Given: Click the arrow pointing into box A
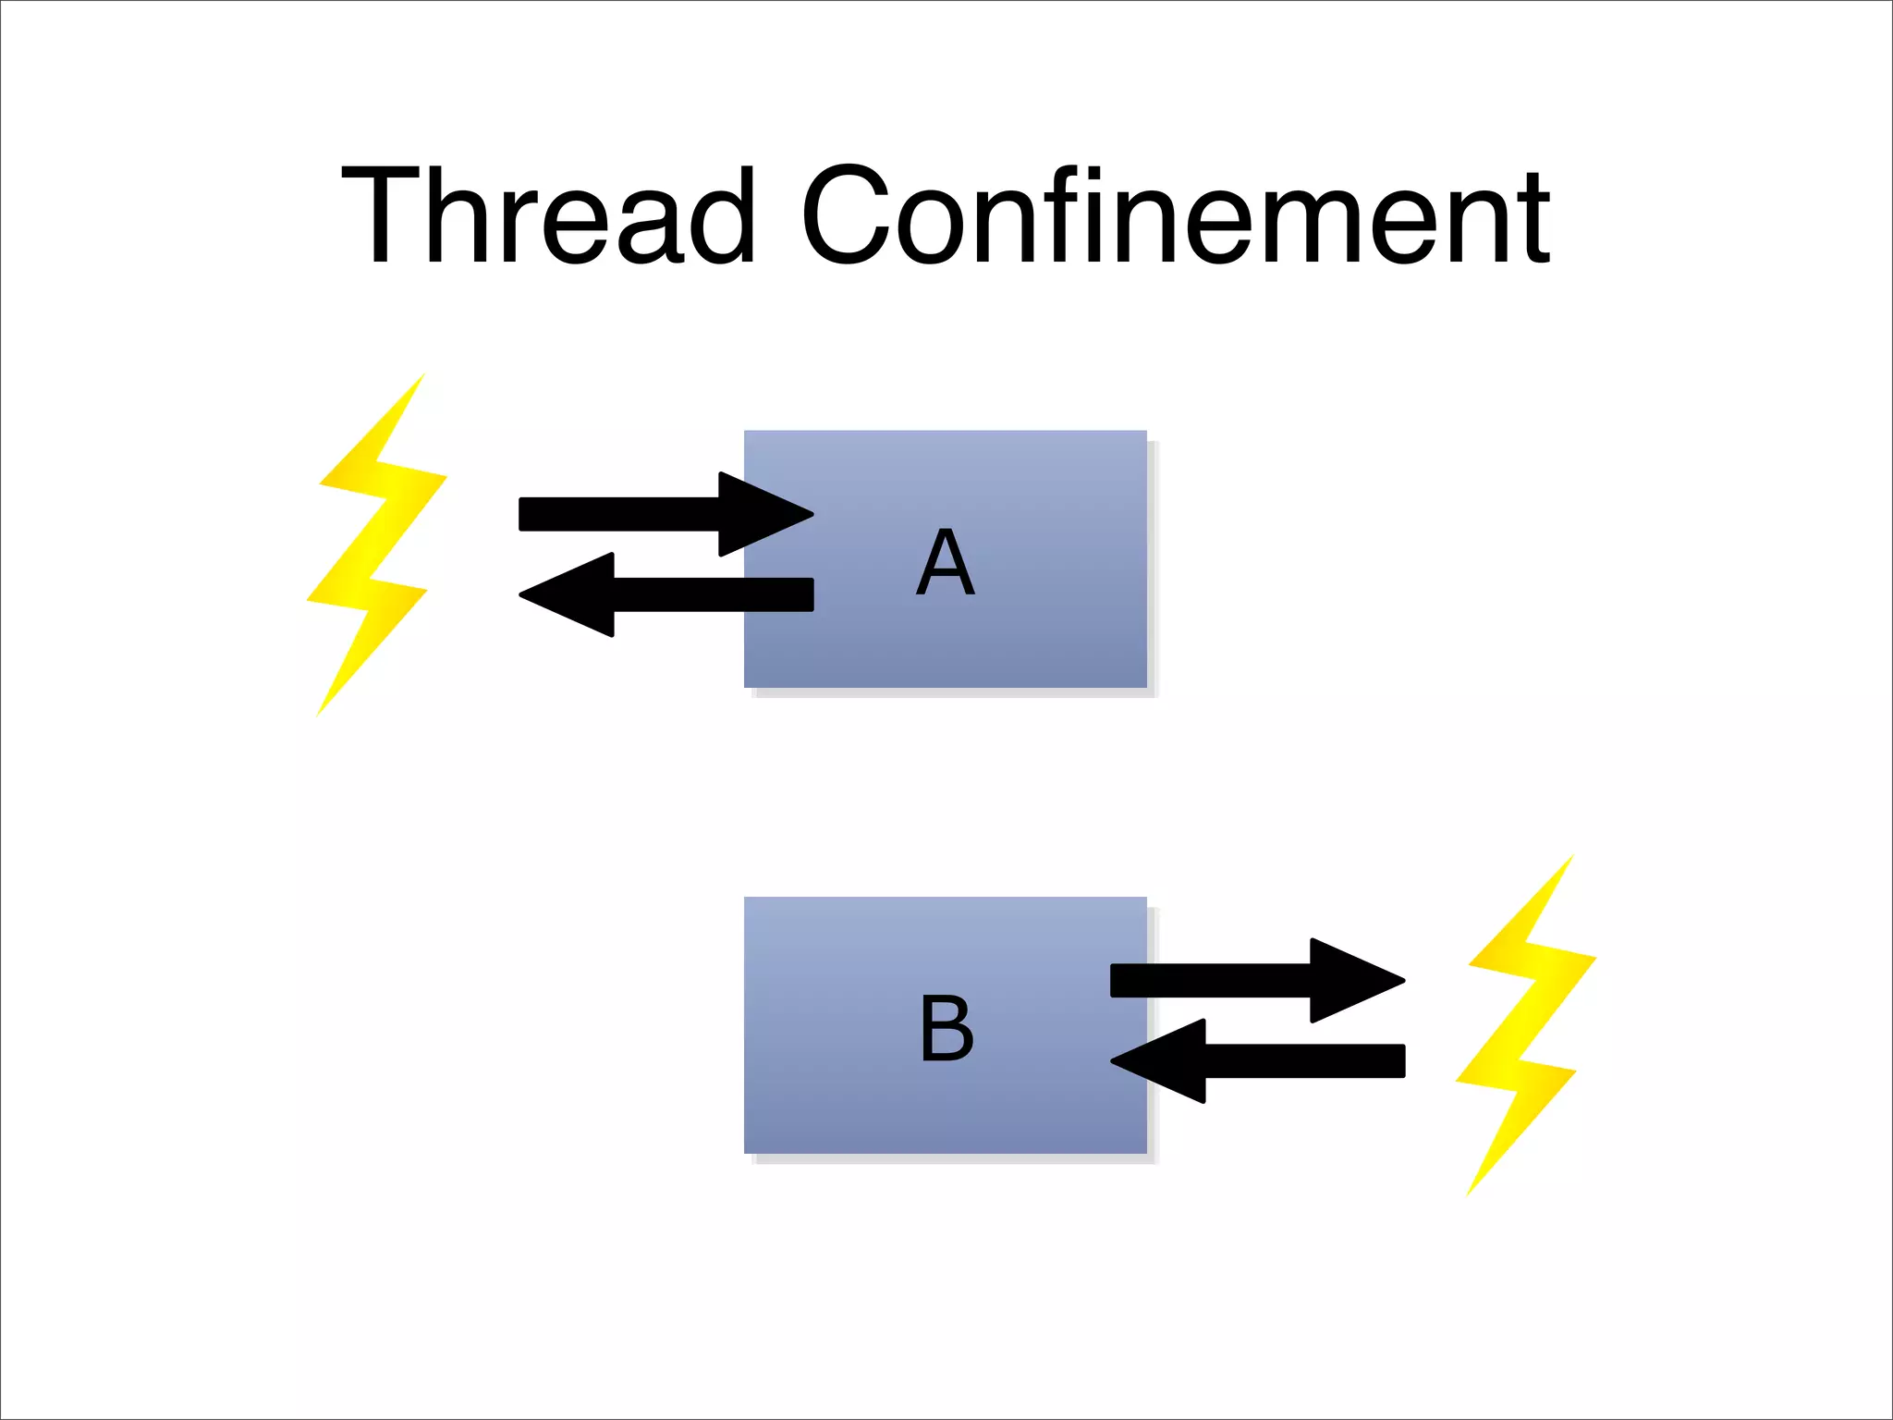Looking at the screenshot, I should pyautogui.click(x=647, y=514).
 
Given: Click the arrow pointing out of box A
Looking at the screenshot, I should pyautogui.click(x=684, y=594).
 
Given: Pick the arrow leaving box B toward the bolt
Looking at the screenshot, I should pyautogui.click(x=1239, y=980).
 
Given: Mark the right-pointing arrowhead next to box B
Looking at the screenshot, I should pyautogui.click(x=1354, y=980).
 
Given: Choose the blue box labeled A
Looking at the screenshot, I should pyautogui.click(x=1017, y=638).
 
